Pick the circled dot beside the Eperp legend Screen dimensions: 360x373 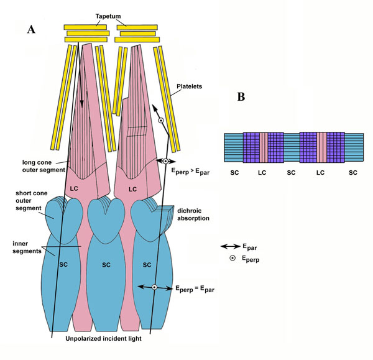click(x=233, y=258)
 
